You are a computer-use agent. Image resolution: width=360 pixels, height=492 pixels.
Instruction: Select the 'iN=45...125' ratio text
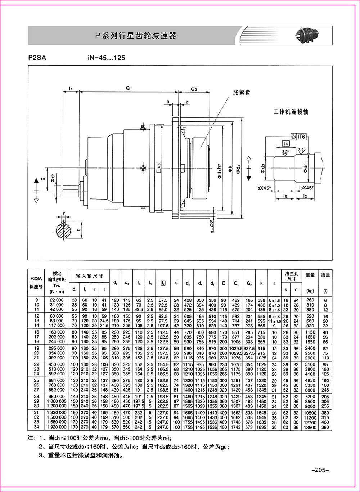[x=108, y=58]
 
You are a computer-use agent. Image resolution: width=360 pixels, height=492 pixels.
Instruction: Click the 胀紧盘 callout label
[x=242, y=93]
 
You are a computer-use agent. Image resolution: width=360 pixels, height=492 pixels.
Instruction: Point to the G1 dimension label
[x=129, y=88]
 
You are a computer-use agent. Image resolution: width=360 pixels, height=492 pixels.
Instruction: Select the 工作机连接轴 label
[x=291, y=112]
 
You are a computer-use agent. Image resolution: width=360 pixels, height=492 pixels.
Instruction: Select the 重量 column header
[x=310, y=275]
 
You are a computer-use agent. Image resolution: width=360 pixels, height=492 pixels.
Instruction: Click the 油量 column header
[x=325, y=275]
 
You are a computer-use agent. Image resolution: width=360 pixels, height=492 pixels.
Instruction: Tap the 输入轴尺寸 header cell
[x=89, y=276]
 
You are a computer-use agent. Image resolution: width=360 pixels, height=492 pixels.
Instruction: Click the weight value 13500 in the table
[x=310, y=427]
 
